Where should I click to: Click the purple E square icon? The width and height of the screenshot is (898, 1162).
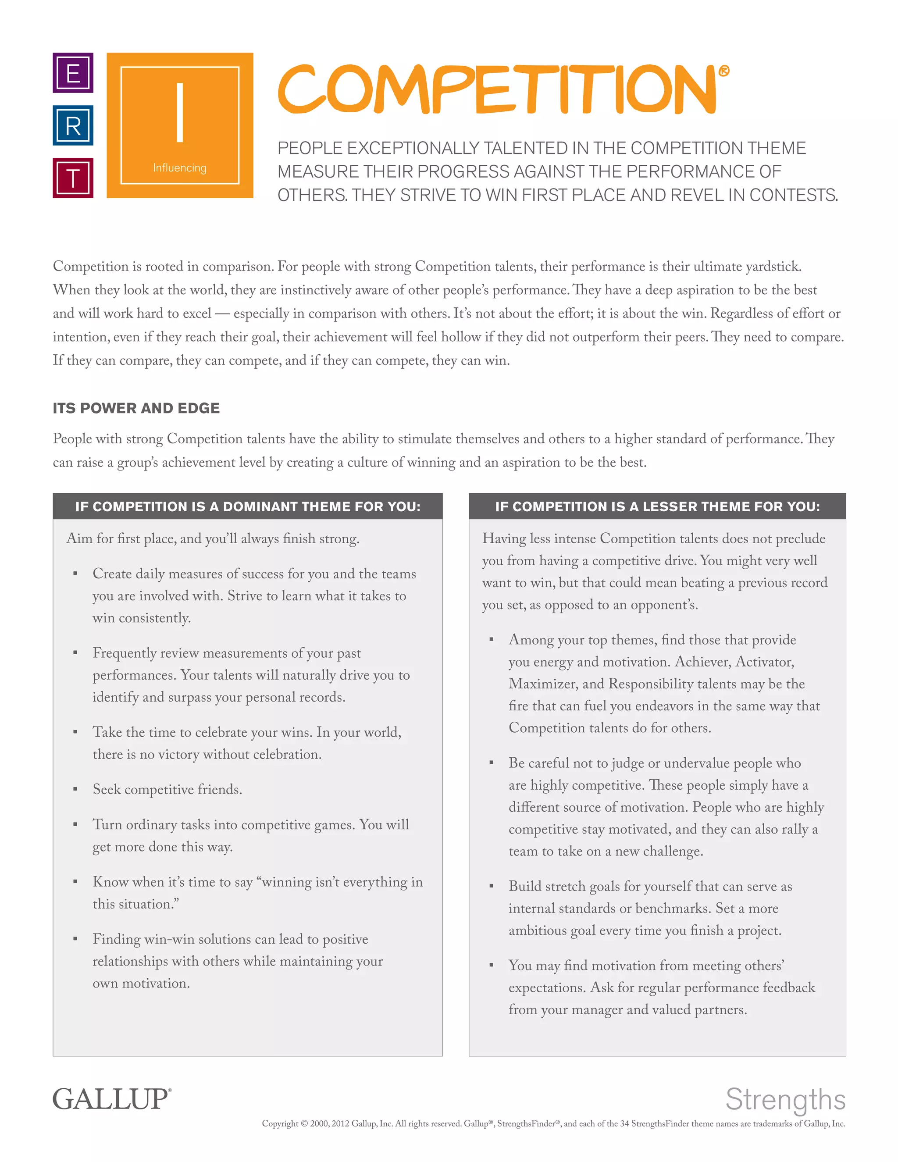coord(73,73)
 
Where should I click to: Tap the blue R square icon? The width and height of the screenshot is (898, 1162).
coord(73,125)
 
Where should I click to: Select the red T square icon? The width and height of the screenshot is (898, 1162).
coord(73,178)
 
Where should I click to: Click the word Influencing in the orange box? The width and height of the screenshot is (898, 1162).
coord(180,168)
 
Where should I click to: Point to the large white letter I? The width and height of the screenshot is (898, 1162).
coord(180,113)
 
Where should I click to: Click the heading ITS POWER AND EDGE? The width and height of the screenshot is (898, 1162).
coord(136,408)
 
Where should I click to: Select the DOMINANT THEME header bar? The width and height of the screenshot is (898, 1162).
coord(247,506)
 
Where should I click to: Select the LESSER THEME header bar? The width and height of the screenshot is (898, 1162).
coord(657,506)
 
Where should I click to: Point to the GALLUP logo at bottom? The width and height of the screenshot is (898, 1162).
coord(112,1099)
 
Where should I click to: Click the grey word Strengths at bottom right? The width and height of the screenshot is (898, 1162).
coord(785,1099)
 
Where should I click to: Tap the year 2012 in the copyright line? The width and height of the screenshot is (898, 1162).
coord(340,1124)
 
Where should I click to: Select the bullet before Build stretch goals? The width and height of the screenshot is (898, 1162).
coord(492,886)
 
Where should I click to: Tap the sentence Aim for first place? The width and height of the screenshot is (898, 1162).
coord(213,539)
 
